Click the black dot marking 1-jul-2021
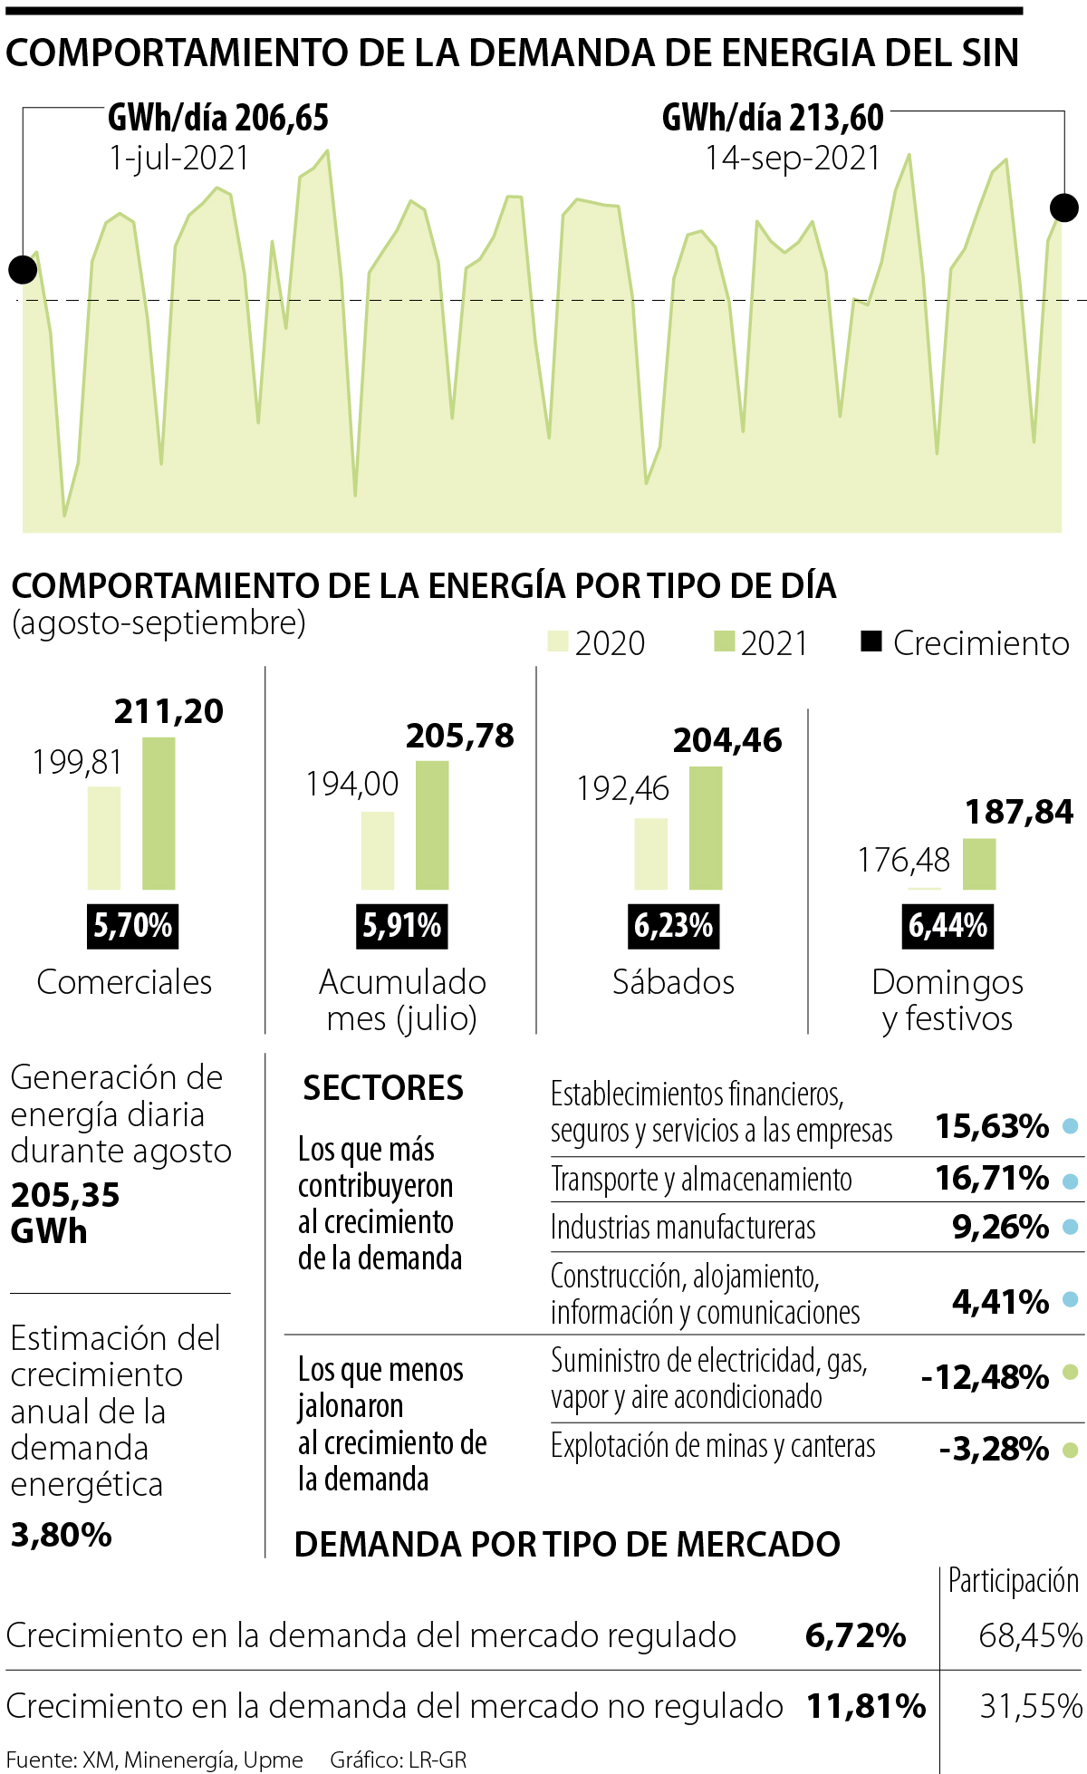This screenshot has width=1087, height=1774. point(23,269)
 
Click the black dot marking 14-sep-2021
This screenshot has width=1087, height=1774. point(1064,207)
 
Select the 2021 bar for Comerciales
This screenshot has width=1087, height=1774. point(159,813)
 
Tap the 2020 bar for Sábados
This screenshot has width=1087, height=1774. point(650,853)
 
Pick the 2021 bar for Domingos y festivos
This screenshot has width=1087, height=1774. point(978,863)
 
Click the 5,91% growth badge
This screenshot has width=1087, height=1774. point(402,926)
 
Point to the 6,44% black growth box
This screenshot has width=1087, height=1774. point(948,926)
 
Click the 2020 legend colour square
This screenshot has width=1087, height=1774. point(557,641)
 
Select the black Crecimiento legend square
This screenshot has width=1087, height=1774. point(871,641)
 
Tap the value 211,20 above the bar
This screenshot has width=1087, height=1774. point(168,711)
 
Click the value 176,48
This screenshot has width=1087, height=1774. point(904,860)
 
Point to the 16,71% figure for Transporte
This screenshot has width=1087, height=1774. point(992,1178)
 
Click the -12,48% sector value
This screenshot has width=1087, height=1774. point(985,1377)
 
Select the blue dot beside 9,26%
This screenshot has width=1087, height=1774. point(1070,1227)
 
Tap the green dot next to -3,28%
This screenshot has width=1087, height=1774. point(1070,1450)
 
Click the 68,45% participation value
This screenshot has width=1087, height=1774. point(1030,1635)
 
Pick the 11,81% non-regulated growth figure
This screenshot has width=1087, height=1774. point(866,1706)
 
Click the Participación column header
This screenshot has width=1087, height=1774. point(1013,1581)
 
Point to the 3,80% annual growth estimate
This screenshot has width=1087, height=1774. point(62,1535)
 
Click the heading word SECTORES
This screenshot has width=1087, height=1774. point(383,1087)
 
